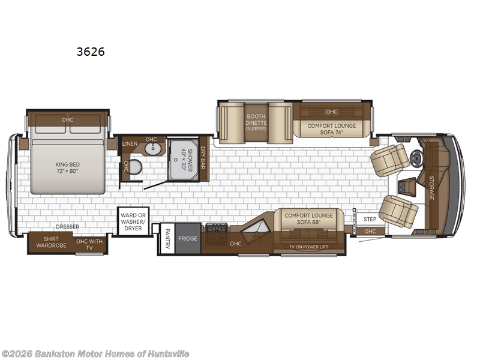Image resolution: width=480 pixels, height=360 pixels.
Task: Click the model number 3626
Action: pos(91,52)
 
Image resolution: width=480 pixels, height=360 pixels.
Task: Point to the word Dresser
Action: pos(67,226)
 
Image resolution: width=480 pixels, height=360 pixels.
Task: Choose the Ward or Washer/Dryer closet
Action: pos(133,221)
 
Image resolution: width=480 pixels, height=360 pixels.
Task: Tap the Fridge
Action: pos(187,238)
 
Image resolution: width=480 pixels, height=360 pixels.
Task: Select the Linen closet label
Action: pos(130,144)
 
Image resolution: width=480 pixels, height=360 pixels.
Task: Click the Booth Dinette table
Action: pos(256,122)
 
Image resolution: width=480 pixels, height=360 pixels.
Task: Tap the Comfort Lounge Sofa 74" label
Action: pos(332,129)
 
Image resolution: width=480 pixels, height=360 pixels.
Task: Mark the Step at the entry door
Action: pos(370,219)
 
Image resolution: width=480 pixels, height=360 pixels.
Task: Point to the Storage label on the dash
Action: pos(431,188)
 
